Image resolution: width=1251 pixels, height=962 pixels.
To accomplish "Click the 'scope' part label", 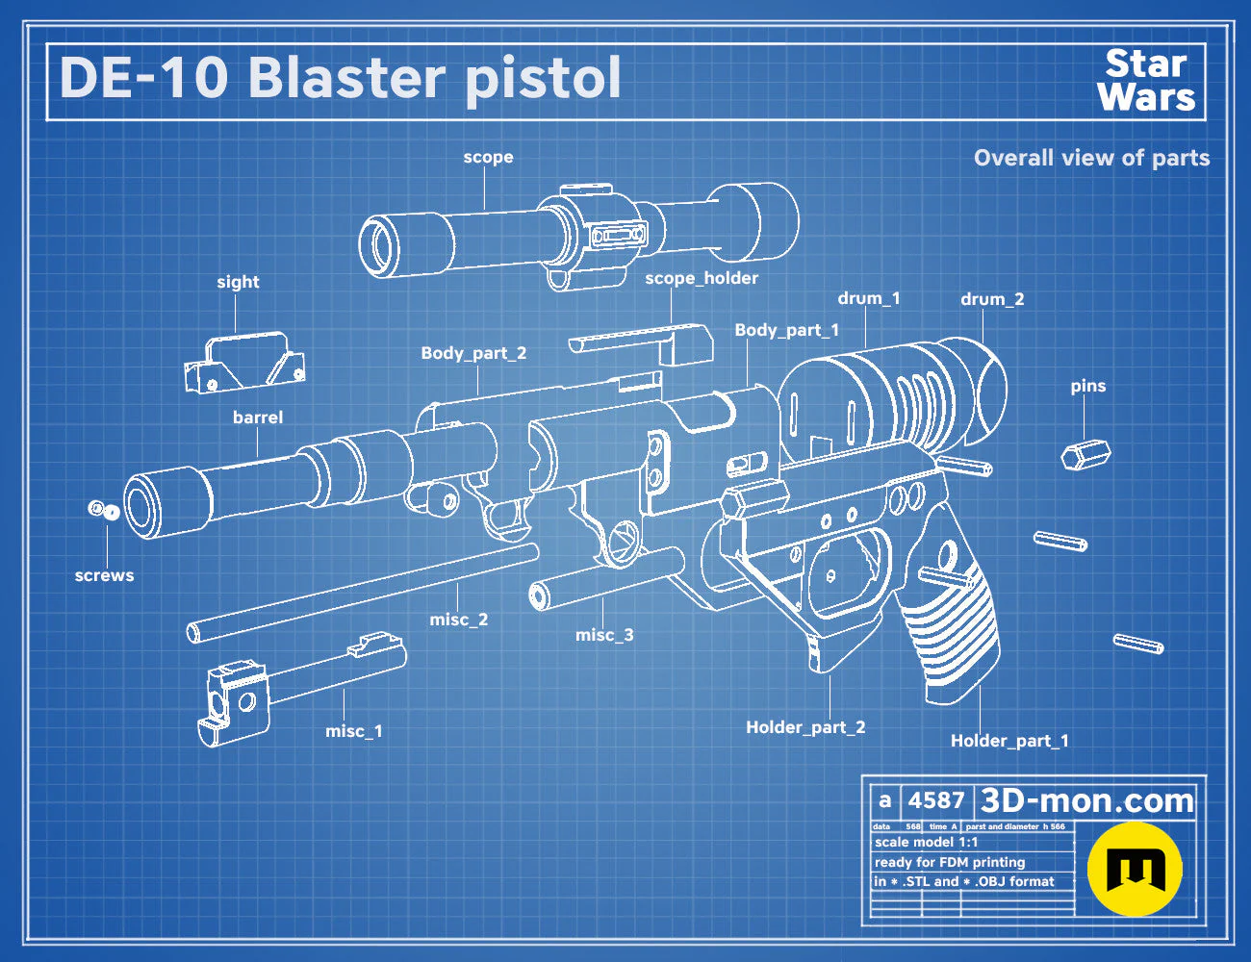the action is pyautogui.click(x=488, y=158).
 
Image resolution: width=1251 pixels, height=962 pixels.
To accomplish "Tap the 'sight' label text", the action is pyautogui.click(x=238, y=283).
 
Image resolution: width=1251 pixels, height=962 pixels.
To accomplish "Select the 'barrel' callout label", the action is pyautogui.click(x=257, y=418).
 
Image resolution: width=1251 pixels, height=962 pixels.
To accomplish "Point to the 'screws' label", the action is pyautogui.click(x=104, y=575).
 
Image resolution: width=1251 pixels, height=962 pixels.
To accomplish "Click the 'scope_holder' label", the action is pyautogui.click(x=702, y=278).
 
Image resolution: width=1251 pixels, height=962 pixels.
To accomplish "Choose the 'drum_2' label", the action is pyautogui.click(x=992, y=300).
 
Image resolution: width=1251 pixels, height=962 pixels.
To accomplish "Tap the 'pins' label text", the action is pyautogui.click(x=1088, y=386).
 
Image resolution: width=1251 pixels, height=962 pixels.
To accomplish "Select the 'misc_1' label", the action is pyautogui.click(x=353, y=731).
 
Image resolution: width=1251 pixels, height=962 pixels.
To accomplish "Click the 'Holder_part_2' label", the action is pyautogui.click(x=805, y=727).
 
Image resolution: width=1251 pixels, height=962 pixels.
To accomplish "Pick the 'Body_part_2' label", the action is pyautogui.click(x=473, y=353).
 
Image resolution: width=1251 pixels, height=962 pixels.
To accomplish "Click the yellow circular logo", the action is pyautogui.click(x=1135, y=869).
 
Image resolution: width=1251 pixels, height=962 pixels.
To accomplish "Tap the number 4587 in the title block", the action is pyautogui.click(x=936, y=800).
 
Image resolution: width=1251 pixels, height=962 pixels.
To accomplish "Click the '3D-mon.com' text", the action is pyautogui.click(x=1086, y=800).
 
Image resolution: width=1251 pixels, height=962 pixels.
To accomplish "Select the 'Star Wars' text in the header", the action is pyautogui.click(x=1146, y=81).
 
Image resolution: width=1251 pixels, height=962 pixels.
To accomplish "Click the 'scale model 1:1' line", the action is pyautogui.click(x=927, y=843).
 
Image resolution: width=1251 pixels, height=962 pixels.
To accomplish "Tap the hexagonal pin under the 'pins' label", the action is pyautogui.click(x=1085, y=455).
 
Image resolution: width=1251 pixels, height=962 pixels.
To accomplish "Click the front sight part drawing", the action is pyautogui.click(x=244, y=363).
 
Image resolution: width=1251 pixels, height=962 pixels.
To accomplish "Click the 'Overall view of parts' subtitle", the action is pyautogui.click(x=1091, y=158).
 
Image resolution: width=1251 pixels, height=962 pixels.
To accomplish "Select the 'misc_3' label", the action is pyautogui.click(x=604, y=635).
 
